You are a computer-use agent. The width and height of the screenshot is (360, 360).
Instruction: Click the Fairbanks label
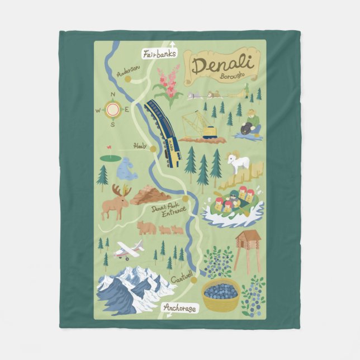[160, 54]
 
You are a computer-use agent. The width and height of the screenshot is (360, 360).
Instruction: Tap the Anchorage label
[180, 307]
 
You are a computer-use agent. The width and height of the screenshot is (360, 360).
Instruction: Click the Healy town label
[140, 146]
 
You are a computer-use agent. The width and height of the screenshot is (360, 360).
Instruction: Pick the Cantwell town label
[182, 276]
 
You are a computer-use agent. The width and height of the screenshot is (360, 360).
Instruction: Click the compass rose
[113, 109]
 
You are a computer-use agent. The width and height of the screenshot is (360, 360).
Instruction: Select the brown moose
[116, 201]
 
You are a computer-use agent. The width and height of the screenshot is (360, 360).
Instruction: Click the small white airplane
[127, 250]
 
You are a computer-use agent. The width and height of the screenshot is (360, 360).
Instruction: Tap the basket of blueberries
[220, 294]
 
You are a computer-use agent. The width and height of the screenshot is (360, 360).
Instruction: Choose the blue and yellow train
[163, 132]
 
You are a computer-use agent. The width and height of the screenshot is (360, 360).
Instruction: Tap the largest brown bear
[147, 228]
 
